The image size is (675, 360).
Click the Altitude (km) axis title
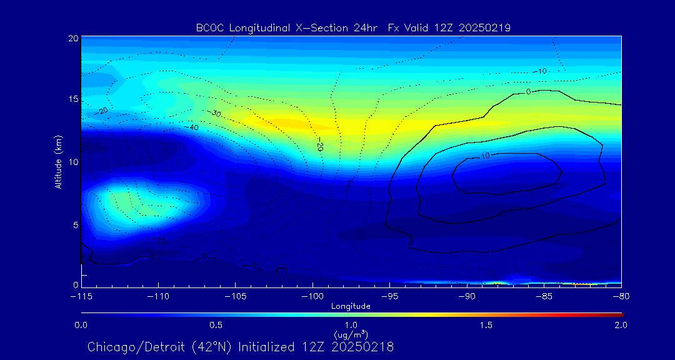pos(58,162)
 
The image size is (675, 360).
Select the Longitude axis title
pos(351,306)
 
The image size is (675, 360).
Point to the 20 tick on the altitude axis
pos(73,38)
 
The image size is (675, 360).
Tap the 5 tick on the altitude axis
pos(75,224)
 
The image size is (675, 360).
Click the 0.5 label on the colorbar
pos(216,325)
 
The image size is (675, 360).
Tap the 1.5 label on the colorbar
pos(486,325)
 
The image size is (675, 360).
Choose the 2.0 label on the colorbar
pos(621,325)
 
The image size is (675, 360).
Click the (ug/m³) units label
pos(351,335)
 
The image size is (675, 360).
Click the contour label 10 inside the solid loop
pos(485,156)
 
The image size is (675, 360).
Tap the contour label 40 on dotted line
pos(194,127)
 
